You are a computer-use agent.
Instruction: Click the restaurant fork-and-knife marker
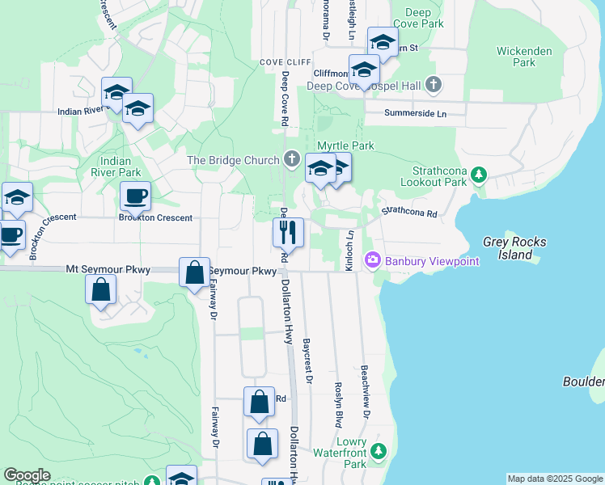287,233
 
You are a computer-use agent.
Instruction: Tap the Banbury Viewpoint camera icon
373,260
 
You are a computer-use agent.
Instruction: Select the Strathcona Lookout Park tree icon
479,173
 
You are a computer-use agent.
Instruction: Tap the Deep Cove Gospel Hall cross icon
434,85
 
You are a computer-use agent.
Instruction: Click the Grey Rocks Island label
514,248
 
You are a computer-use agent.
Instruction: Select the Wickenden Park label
524,57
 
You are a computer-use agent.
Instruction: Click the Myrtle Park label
345,145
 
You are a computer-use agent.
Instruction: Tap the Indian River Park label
117,167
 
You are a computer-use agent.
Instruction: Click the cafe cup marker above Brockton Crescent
135,196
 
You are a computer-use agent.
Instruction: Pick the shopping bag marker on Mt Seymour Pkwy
195,272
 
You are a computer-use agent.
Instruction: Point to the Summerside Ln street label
415,114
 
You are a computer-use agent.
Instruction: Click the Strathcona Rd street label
409,213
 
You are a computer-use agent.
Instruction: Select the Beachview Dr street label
366,390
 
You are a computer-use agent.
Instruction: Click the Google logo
27,475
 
